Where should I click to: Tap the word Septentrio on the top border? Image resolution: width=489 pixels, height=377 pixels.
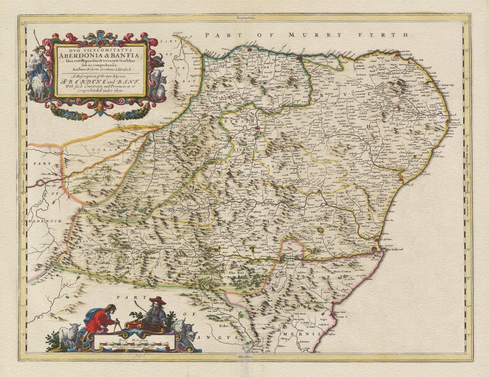click(246, 18)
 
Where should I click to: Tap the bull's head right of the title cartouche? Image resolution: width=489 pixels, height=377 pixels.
click(158, 62)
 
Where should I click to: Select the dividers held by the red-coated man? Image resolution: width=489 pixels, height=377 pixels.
click(118, 326)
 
